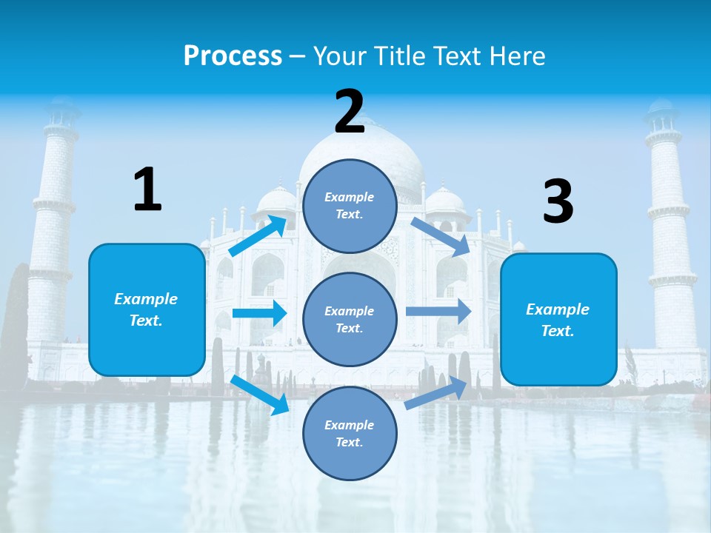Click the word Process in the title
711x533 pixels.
(x=233, y=56)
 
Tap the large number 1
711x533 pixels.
(x=147, y=190)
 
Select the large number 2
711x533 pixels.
(x=350, y=112)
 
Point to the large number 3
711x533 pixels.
(x=558, y=202)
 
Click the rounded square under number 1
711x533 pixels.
(x=147, y=309)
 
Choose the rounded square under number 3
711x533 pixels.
(x=558, y=319)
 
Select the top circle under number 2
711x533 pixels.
(x=350, y=206)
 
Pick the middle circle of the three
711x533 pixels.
(x=350, y=319)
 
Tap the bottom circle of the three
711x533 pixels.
(x=350, y=433)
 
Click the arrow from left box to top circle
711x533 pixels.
(x=258, y=235)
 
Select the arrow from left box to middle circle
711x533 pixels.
(x=258, y=313)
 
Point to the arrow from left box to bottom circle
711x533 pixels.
(x=259, y=395)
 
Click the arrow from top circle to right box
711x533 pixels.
(x=440, y=236)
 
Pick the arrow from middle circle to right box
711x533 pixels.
(x=438, y=311)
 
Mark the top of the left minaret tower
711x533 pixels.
(x=61, y=111)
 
